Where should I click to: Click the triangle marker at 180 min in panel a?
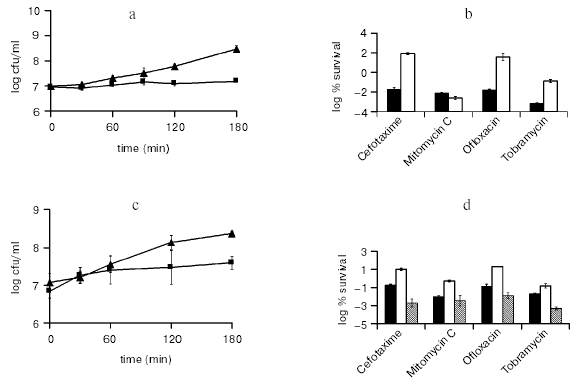pyautogui.click(x=236, y=48)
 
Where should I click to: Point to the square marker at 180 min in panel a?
pyautogui.click(x=236, y=80)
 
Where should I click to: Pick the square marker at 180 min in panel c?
pyautogui.click(x=232, y=262)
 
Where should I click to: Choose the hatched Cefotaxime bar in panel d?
pyautogui.click(x=411, y=311)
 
